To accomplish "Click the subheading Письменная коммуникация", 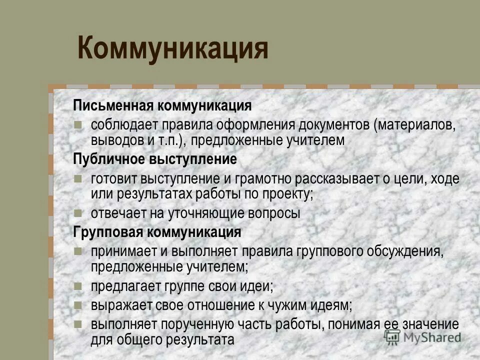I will click(162, 106).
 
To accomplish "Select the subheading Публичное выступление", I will click(155, 160).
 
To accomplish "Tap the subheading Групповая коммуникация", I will click(157, 232).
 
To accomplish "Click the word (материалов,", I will click(414, 124).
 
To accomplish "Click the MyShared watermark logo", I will click(422, 336).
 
